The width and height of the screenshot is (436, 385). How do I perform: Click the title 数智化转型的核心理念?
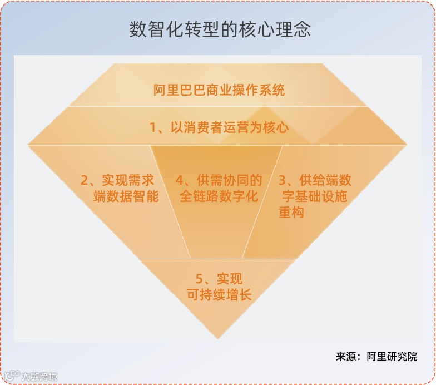pos(220,29)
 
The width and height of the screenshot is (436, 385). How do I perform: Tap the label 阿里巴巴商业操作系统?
pos(219,90)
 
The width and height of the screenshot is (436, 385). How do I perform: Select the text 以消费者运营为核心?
pos(229,127)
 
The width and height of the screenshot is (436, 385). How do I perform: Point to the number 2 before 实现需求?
pos(85,180)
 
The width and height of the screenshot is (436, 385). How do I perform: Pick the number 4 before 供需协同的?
pos(180,180)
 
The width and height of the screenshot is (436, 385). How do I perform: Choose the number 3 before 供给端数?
pos(283,180)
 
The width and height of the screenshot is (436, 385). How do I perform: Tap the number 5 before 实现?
pos(199,279)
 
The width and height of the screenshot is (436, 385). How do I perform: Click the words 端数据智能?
pos(126,196)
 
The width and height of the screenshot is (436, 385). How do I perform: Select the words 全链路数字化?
pos(219,196)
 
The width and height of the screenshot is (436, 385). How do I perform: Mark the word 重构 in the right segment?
pos(291,213)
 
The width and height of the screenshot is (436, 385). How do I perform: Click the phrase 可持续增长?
pos(219,295)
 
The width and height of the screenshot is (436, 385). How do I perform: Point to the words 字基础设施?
pos(315,196)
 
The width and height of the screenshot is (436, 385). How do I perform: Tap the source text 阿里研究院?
pos(392,356)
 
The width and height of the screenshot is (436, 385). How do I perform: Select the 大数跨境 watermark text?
pos(39,377)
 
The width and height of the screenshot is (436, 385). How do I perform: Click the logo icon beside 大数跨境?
pos(12,376)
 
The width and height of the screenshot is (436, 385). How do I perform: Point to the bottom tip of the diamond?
pos(218,339)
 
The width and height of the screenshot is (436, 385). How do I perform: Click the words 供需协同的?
pos(229,180)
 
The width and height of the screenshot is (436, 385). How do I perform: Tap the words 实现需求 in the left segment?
pos(128,180)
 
